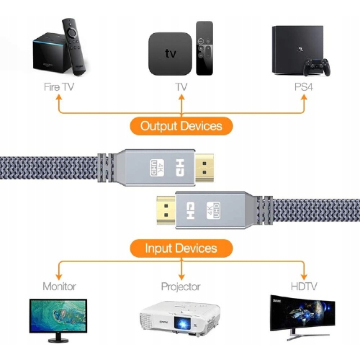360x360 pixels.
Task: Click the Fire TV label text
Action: [59, 87]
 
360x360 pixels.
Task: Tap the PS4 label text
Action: [304, 87]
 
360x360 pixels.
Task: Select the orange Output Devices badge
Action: [181, 126]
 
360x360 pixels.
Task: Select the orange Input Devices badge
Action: [181, 248]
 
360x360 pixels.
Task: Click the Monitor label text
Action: [59, 287]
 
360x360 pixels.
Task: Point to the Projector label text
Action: [181, 287]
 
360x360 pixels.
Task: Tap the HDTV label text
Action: [304, 287]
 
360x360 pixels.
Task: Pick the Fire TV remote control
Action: [73, 47]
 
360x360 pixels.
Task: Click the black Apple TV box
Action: [170, 54]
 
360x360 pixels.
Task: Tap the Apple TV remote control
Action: [204, 48]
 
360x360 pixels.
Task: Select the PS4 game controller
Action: [316, 67]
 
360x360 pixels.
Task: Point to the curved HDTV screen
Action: [302, 313]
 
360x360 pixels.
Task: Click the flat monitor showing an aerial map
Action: [58, 316]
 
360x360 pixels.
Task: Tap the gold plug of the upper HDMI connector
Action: [204, 168]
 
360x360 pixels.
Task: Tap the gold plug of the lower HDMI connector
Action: [166, 210]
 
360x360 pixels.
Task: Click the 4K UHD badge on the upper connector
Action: [157, 168]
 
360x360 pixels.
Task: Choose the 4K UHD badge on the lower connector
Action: [213, 210]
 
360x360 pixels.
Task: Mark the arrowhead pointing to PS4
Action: [304, 97]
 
